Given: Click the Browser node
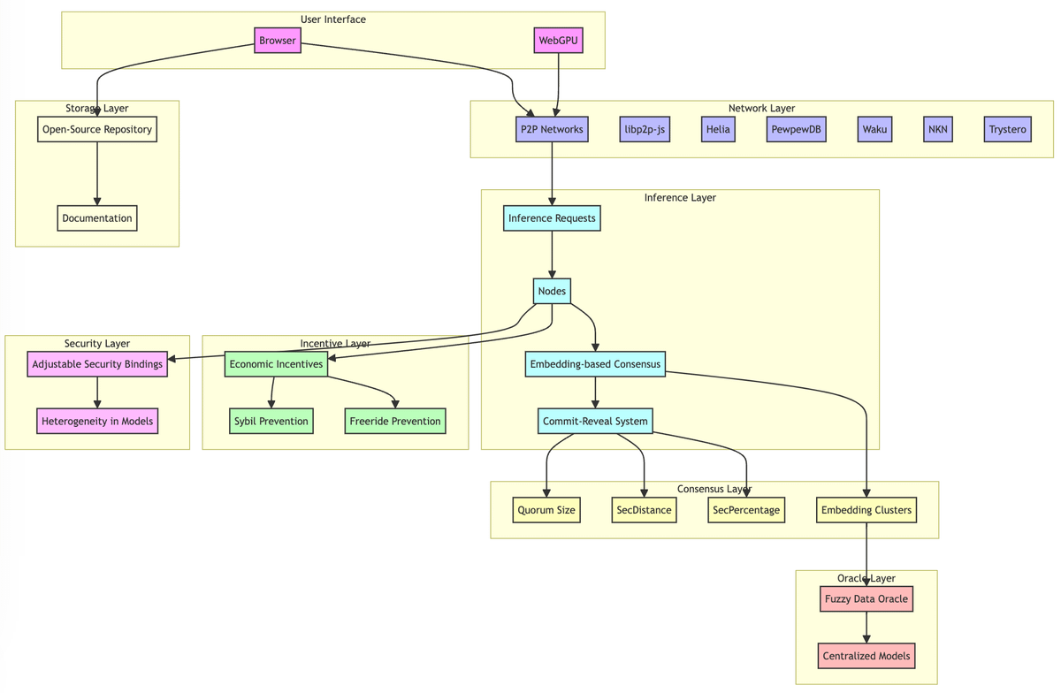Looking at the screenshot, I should tap(278, 41).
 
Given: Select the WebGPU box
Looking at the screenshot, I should tap(559, 41).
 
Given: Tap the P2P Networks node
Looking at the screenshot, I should tap(552, 129).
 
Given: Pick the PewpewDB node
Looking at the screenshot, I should tap(796, 129).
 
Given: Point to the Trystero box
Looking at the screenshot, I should tap(1007, 129).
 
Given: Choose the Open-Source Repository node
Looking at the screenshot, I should tap(97, 129).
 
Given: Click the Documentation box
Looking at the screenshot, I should tap(97, 218).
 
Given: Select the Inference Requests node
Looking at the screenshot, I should tap(552, 218).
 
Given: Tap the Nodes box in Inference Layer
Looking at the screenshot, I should tap(552, 291).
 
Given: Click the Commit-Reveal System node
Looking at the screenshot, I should tap(595, 421).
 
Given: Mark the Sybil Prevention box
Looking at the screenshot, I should tap(271, 421).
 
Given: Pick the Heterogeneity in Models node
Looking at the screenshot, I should tap(97, 421).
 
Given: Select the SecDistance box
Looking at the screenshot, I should tap(644, 510).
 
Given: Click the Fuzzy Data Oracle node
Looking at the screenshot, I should tap(866, 599).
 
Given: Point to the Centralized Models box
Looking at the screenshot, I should tap(866, 656).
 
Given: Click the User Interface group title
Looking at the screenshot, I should tap(332, 19).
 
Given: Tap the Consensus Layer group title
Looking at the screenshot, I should tap(714, 489).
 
